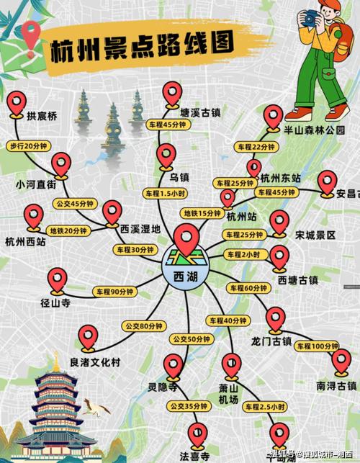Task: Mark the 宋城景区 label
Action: coord(315,235)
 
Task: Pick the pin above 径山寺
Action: coord(58,279)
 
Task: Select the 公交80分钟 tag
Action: coord(143,326)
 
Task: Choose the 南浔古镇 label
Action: coord(336,386)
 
